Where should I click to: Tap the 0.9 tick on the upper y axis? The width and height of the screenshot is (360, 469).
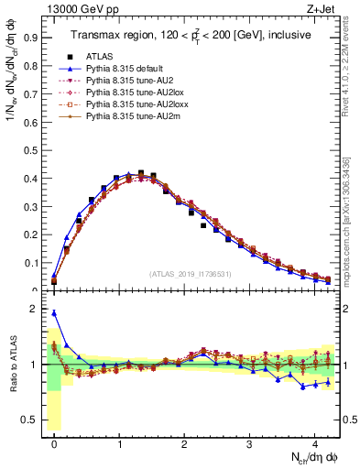click(31, 39)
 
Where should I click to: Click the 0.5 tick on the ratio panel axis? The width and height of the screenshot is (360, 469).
click(31, 420)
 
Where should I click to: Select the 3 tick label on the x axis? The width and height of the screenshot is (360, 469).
click(250, 442)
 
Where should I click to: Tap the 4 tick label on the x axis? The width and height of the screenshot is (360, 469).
click(315, 442)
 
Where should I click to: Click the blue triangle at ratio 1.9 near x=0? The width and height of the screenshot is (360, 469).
click(54, 313)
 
